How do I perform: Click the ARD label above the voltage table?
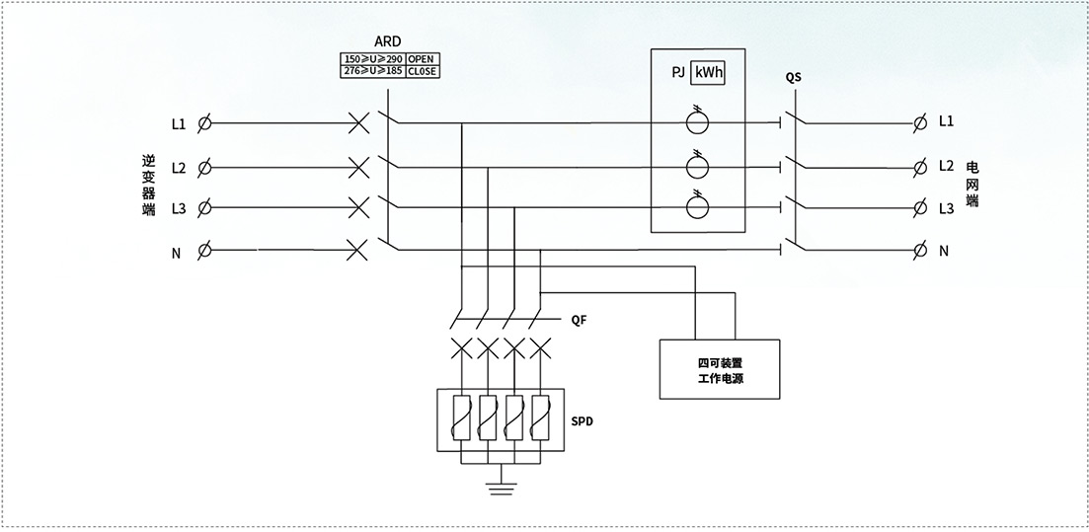(388, 41)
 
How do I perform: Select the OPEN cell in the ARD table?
(423, 59)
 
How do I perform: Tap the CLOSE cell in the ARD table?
(423, 71)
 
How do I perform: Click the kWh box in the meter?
(708, 72)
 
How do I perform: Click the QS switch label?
(793, 78)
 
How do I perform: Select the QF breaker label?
(580, 320)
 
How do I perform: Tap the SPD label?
(582, 421)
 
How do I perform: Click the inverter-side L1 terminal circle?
(204, 123)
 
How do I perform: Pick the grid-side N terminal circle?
(920, 250)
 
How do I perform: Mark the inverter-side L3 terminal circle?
(204, 207)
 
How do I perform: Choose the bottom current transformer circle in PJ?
(697, 207)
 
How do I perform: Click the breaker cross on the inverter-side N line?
(357, 250)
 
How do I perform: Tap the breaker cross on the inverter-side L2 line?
(358, 168)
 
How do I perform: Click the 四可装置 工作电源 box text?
(720, 370)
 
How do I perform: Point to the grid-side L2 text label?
(946, 166)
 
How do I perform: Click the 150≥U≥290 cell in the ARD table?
(373, 59)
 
